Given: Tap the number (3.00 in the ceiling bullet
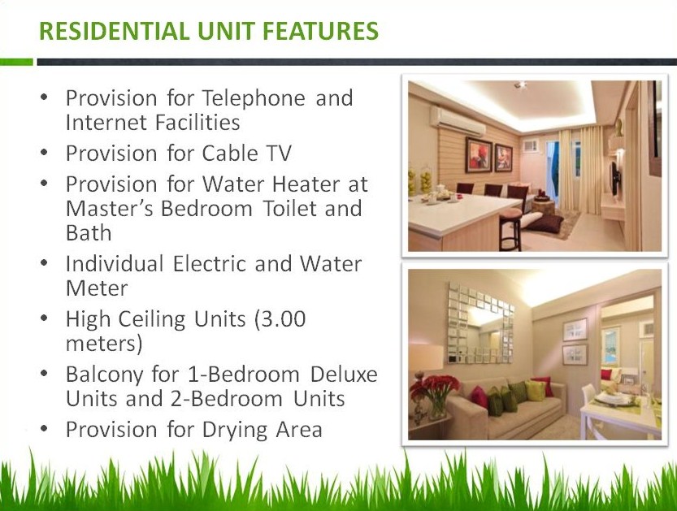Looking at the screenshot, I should pyautogui.click(x=280, y=319).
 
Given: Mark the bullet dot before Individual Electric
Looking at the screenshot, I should pyautogui.click(x=46, y=264).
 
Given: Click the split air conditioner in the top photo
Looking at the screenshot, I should pyautogui.click(x=458, y=117).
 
